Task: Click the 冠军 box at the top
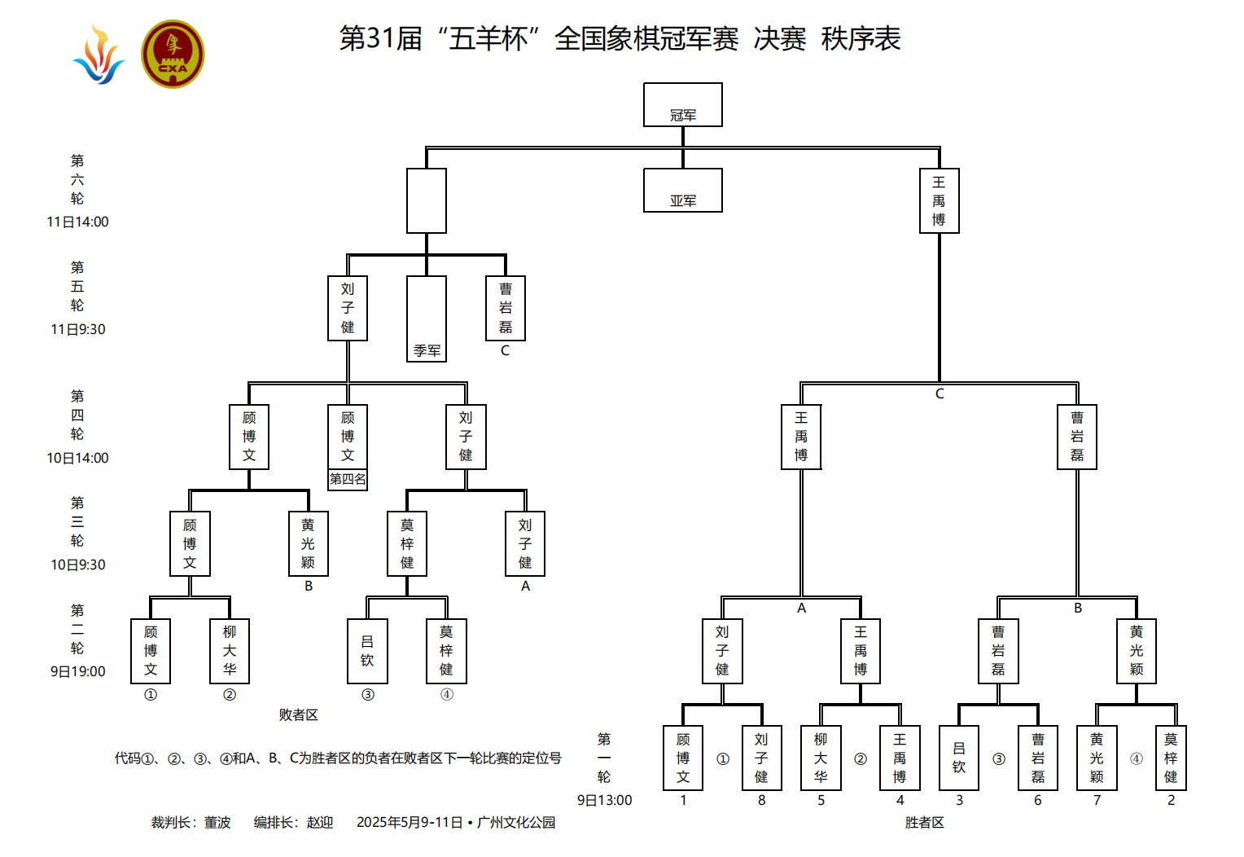click(x=682, y=105)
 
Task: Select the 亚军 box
click(x=682, y=191)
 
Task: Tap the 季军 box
click(x=427, y=319)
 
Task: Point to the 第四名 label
click(x=348, y=480)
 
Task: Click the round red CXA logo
click(x=173, y=55)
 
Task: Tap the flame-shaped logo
click(x=99, y=55)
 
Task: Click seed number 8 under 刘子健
click(x=761, y=800)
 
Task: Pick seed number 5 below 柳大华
click(x=821, y=800)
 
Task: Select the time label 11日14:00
click(x=77, y=222)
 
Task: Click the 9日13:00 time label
click(x=604, y=800)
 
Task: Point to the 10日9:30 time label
click(x=78, y=565)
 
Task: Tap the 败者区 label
click(x=298, y=714)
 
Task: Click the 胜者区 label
click(x=924, y=823)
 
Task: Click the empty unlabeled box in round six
click(x=427, y=200)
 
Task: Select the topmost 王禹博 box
click(x=939, y=200)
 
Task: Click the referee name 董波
click(x=217, y=823)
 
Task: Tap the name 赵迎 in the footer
click(x=320, y=823)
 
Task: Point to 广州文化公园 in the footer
click(x=516, y=823)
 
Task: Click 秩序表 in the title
click(x=861, y=38)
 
